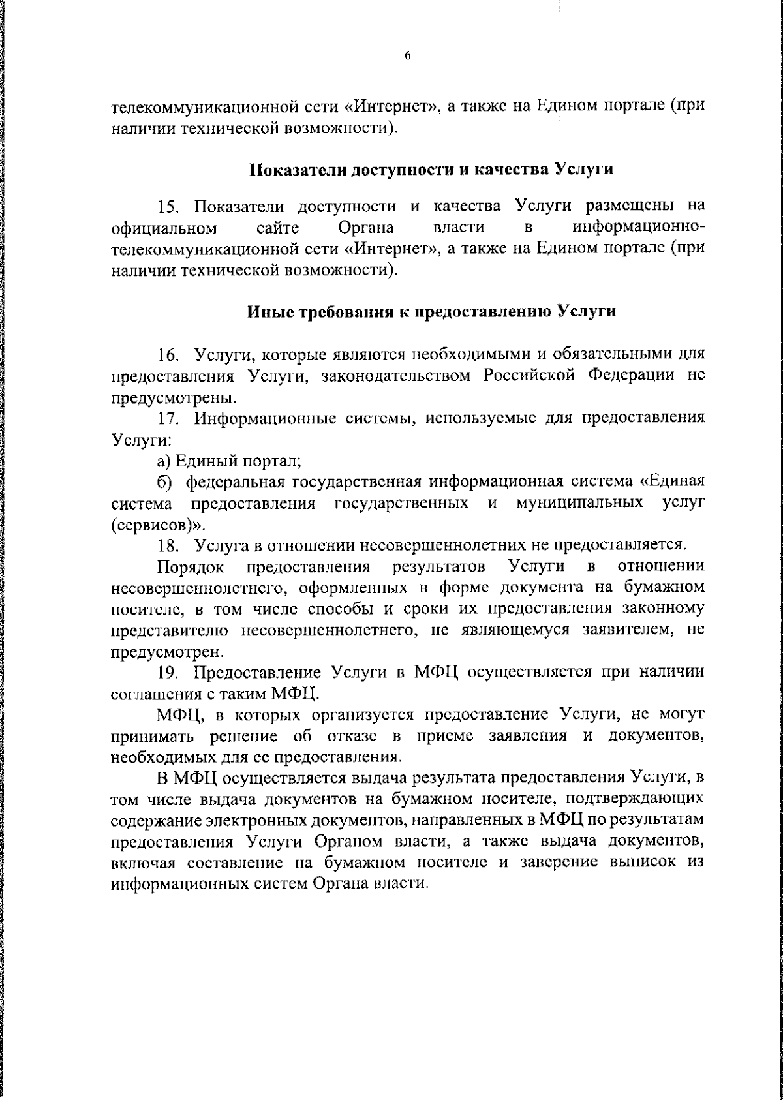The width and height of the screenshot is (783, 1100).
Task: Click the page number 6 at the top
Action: tap(407, 56)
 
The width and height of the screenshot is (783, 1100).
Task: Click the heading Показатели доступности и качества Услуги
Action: tap(431, 170)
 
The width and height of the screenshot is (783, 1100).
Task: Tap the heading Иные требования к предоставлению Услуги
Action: tap(431, 311)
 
